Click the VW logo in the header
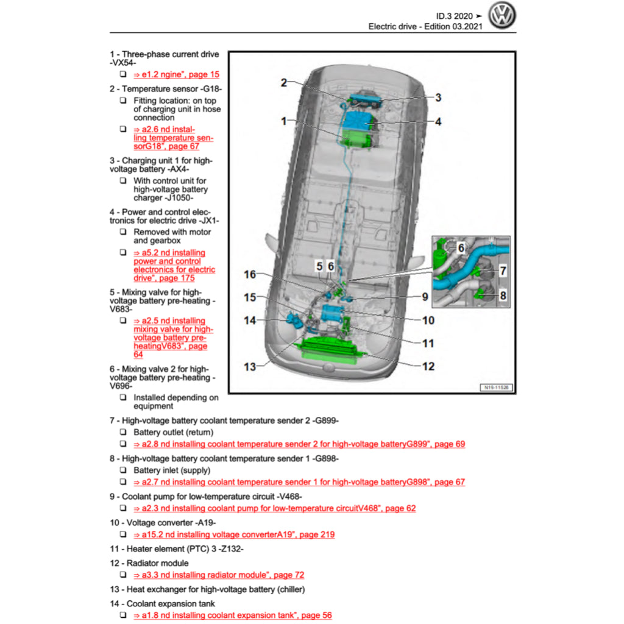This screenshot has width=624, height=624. point(503,16)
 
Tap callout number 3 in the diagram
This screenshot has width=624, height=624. point(438,97)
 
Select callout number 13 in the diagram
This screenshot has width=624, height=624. point(250,367)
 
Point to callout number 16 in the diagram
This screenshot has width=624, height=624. point(250,275)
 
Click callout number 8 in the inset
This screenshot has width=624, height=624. point(503,296)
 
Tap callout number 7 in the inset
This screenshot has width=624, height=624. point(503,270)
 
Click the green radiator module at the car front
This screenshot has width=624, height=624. point(327,352)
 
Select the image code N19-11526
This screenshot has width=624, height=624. point(496,387)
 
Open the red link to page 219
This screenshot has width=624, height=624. point(234,535)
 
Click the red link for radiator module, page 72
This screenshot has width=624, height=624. point(219,575)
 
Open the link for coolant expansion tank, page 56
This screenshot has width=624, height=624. point(233,615)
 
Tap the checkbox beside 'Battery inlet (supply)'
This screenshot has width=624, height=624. point(122,470)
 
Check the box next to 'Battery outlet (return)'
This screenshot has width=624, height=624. point(122,433)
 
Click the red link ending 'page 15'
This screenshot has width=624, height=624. point(176,74)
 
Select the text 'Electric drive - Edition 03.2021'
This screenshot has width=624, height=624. point(425,27)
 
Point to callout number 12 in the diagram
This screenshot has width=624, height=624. point(428,366)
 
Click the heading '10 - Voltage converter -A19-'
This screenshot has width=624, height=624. point(163,523)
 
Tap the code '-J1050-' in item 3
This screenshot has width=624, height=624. point(180,198)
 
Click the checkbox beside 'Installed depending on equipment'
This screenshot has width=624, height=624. point(122,398)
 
